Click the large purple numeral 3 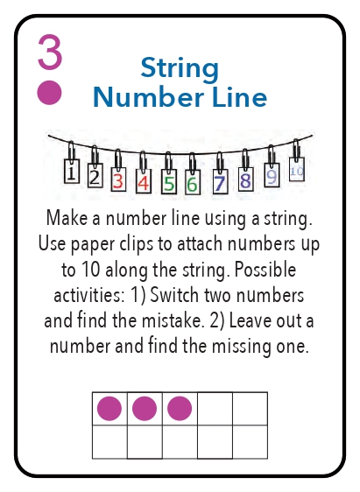point(50,52)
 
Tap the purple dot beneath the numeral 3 point(50,93)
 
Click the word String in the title point(180,69)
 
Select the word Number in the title point(148,97)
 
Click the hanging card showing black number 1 point(72,171)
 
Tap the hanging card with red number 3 point(118,179)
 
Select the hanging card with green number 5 point(169,182)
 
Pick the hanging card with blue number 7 point(221,181)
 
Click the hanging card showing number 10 point(297,169)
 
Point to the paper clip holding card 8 point(245,160)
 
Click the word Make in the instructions point(67,217)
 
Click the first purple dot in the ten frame point(109,409)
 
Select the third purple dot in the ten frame point(180,409)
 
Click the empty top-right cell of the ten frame point(251,409)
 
